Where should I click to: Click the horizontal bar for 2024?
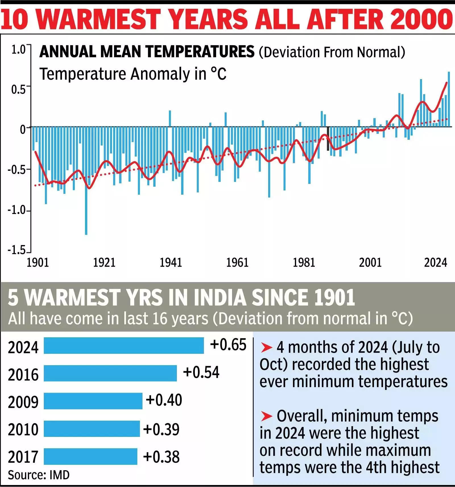point(124,346)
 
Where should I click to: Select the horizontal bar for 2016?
point(110,373)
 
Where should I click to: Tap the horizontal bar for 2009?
point(93,401)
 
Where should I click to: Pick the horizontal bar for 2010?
point(92,429)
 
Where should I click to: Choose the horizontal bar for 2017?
point(90,457)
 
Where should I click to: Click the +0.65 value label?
point(228,345)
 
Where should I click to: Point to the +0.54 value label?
point(201,373)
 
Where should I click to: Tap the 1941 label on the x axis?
point(171,262)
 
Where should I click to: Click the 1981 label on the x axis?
point(304,262)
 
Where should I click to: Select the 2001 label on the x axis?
point(370,262)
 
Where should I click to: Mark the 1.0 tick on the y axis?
point(19,50)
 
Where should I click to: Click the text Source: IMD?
point(38,475)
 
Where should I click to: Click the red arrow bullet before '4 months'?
point(267,347)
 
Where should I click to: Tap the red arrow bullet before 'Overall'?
point(267,416)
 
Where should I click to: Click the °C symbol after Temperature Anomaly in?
point(218,74)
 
